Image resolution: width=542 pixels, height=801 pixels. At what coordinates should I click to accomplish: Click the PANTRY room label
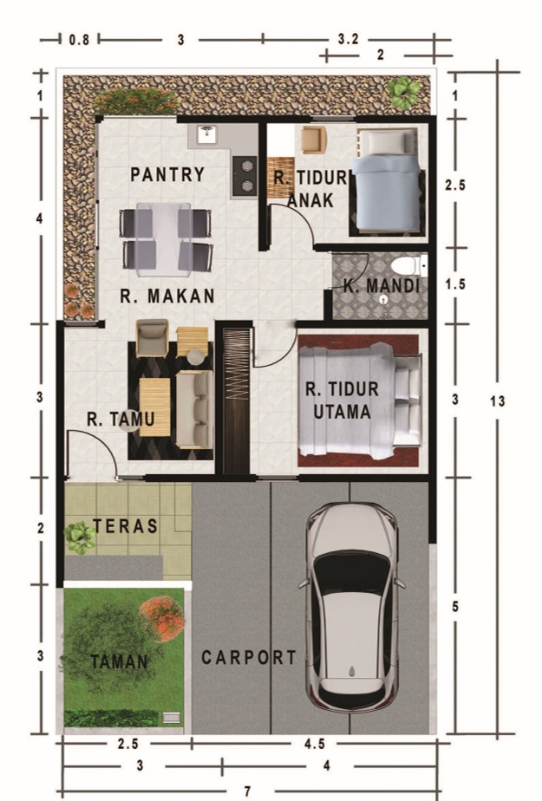pyautogui.click(x=167, y=174)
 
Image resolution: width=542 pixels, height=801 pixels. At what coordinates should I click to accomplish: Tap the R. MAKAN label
pyautogui.click(x=167, y=296)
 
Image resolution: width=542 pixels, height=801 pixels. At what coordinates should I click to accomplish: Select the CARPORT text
pyautogui.click(x=249, y=657)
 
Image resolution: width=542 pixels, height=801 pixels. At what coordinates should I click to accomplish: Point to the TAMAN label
pyautogui.click(x=120, y=662)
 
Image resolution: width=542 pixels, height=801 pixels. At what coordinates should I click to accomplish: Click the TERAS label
pyautogui.click(x=125, y=526)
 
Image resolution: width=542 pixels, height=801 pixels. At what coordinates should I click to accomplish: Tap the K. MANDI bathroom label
pyautogui.click(x=381, y=285)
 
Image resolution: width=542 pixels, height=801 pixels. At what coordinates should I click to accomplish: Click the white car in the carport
pyautogui.click(x=352, y=607)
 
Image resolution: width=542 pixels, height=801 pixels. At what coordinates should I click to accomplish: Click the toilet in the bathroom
pyautogui.click(x=408, y=266)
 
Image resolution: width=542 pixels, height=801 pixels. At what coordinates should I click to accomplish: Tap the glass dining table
pyautogui.click(x=164, y=238)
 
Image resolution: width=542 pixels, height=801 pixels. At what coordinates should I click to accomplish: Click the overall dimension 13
pyautogui.click(x=497, y=401)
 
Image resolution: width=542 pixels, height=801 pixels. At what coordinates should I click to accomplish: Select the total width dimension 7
pyautogui.click(x=248, y=791)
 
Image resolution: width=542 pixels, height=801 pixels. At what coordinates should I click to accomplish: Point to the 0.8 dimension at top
pyautogui.click(x=80, y=39)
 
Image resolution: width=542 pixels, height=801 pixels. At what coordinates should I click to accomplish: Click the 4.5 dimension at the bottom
pyautogui.click(x=315, y=744)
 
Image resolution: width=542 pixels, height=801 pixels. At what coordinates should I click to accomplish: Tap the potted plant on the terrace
pyautogui.click(x=80, y=537)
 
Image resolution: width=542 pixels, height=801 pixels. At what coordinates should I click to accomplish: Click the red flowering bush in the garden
pyautogui.click(x=162, y=618)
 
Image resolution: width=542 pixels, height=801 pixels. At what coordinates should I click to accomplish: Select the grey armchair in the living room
pyautogui.click(x=152, y=338)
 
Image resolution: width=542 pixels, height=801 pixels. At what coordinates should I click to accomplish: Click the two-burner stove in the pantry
pyautogui.click(x=245, y=176)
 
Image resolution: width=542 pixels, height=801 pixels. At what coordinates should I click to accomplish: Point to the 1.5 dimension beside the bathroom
pyautogui.click(x=455, y=284)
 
